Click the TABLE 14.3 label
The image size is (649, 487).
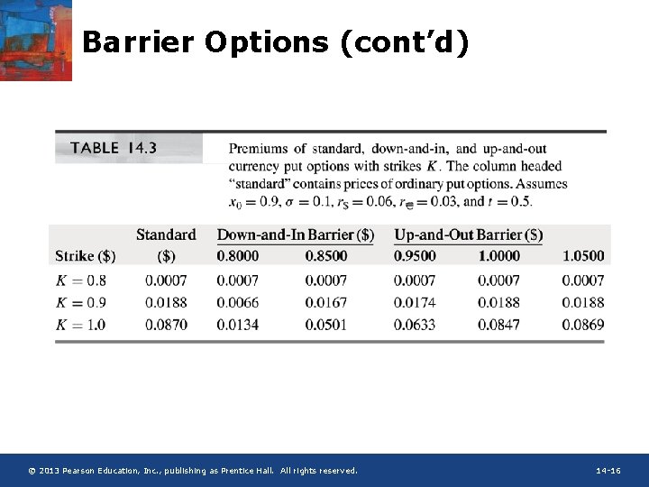pyautogui.click(x=114, y=148)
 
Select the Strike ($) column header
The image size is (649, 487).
pyautogui.click(x=86, y=256)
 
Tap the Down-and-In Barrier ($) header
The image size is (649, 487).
pyautogui.click(x=295, y=234)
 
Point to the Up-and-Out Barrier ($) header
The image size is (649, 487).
pyautogui.click(x=468, y=234)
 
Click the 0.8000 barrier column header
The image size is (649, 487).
pyautogui.click(x=237, y=256)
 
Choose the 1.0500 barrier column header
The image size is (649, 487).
pyautogui.click(x=583, y=256)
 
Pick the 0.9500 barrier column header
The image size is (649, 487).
pyautogui.click(x=415, y=256)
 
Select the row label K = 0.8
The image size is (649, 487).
pyautogui.click(x=80, y=280)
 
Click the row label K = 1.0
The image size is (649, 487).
pyautogui.click(x=80, y=325)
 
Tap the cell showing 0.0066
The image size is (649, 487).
pyautogui.click(x=237, y=303)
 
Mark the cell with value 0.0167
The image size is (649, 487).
pyautogui.click(x=325, y=303)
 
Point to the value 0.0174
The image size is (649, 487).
pyautogui.click(x=415, y=303)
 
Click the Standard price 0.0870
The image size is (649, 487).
pyautogui.click(x=167, y=325)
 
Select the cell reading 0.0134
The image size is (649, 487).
pyautogui.click(x=237, y=325)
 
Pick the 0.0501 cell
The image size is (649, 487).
pyautogui.click(x=325, y=325)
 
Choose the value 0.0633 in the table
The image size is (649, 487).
pyautogui.click(x=415, y=325)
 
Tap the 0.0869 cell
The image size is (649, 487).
pyautogui.click(x=583, y=325)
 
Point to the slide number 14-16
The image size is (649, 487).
pyautogui.click(x=608, y=471)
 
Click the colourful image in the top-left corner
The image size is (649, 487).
pyautogui.click(x=35, y=40)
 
